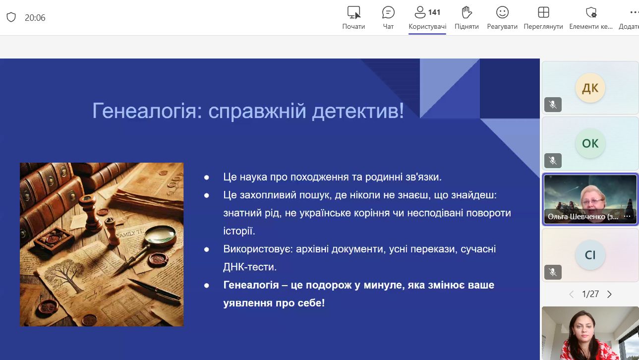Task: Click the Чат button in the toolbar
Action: pyautogui.click(x=388, y=18)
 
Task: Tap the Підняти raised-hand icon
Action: pyautogui.click(x=466, y=12)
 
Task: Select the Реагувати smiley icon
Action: pyautogui.click(x=502, y=12)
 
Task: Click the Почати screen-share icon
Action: pyautogui.click(x=354, y=12)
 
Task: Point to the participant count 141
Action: pyautogui.click(x=434, y=12)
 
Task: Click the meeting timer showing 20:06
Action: pyautogui.click(x=35, y=18)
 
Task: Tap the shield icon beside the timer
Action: pyautogui.click(x=11, y=17)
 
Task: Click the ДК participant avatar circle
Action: pyautogui.click(x=590, y=88)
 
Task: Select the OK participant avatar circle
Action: pyautogui.click(x=590, y=143)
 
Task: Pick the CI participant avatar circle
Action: pyautogui.click(x=590, y=255)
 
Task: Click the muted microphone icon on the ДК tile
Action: pyautogui.click(x=553, y=105)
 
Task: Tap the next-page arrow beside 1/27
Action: pyautogui.click(x=609, y=294)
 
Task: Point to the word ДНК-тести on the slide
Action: pyautogui.click(x=250, y=267)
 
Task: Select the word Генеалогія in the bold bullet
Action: pyautogui.click(x=251, y=285)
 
